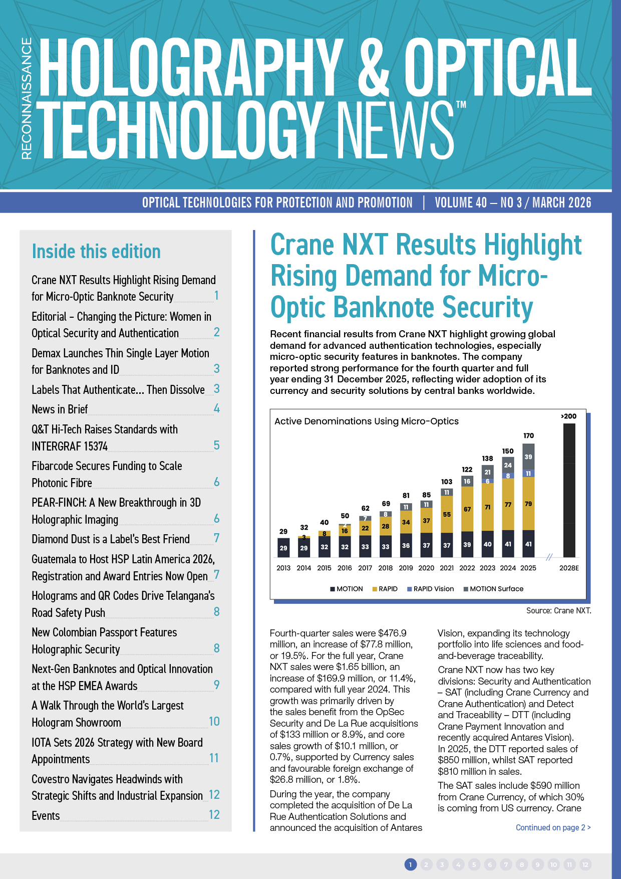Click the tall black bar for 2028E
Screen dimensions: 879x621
(x=569, y=490)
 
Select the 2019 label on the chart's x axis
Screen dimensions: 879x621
(x=406, y=568)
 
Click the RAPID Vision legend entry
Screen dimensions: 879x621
(x=430, y=589)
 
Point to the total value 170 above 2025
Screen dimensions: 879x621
(x=528, y=435)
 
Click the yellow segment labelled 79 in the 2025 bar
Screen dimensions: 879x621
(x=528, y=504)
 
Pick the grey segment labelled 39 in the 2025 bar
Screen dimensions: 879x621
(x=528, y=457)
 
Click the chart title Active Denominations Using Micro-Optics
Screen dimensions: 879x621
(x=366, y=421)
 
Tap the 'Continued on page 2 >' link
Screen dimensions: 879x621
(x=553, y=827)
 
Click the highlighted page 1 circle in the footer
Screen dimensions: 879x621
(x=410, y=864)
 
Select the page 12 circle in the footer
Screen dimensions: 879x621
(x=585, y=864)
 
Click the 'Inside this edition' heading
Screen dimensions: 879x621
(x=96, y=252)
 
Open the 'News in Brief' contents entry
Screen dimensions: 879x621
(x=60, y=409)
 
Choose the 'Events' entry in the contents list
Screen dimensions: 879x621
(x=46, y=816)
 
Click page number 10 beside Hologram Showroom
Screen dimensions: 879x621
(x=214, y=722)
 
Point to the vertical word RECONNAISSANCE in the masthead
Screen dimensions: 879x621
(x=27, y=99)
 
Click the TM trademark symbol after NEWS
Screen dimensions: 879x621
(x=461, y=105)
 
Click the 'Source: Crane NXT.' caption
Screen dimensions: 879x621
(x=558, y=610)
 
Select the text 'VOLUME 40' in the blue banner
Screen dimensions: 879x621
(x=460, y=202)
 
